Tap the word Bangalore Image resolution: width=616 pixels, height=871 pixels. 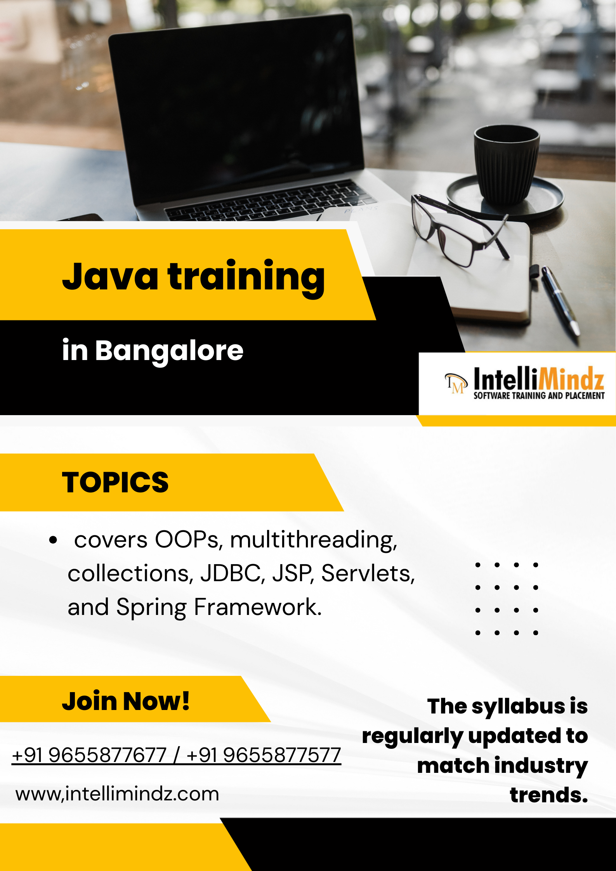(169, 350)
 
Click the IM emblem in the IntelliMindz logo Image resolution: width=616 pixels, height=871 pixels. (455, 383)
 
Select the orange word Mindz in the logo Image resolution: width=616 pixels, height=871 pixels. (571, 379)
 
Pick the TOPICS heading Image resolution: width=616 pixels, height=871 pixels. (115, 482)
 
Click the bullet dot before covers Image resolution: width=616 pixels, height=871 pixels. (53, 540)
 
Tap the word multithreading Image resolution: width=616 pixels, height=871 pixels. (314, 540)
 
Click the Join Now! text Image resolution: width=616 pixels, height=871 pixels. (126, 701)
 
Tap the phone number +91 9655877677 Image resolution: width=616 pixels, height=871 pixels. (89, 755)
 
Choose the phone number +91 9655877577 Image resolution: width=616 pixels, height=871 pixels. (264, 755)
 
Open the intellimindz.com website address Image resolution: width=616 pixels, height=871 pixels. (117, 794)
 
